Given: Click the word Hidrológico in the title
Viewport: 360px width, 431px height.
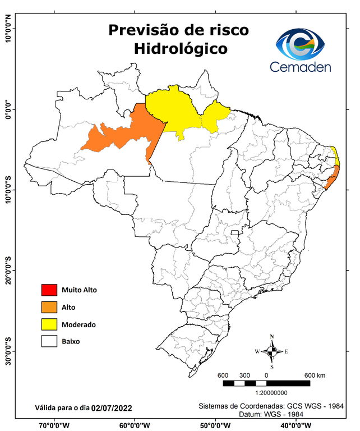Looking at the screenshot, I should pos(181,49).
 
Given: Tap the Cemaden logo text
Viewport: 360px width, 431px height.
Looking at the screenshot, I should pos(301,67).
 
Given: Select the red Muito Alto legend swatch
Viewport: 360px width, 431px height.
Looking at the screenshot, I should pos(49,290).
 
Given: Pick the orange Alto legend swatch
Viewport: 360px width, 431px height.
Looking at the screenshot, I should pos(49,307).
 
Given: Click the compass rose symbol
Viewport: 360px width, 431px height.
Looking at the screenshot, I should pos(271,352).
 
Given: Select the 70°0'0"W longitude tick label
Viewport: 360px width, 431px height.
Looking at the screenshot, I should pos(54,425).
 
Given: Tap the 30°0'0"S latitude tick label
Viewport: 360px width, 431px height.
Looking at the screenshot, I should pos(8,351).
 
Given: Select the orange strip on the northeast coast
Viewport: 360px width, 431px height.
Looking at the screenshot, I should pos(334,177).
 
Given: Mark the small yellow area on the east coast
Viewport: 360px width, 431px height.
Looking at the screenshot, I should pos(335,154).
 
